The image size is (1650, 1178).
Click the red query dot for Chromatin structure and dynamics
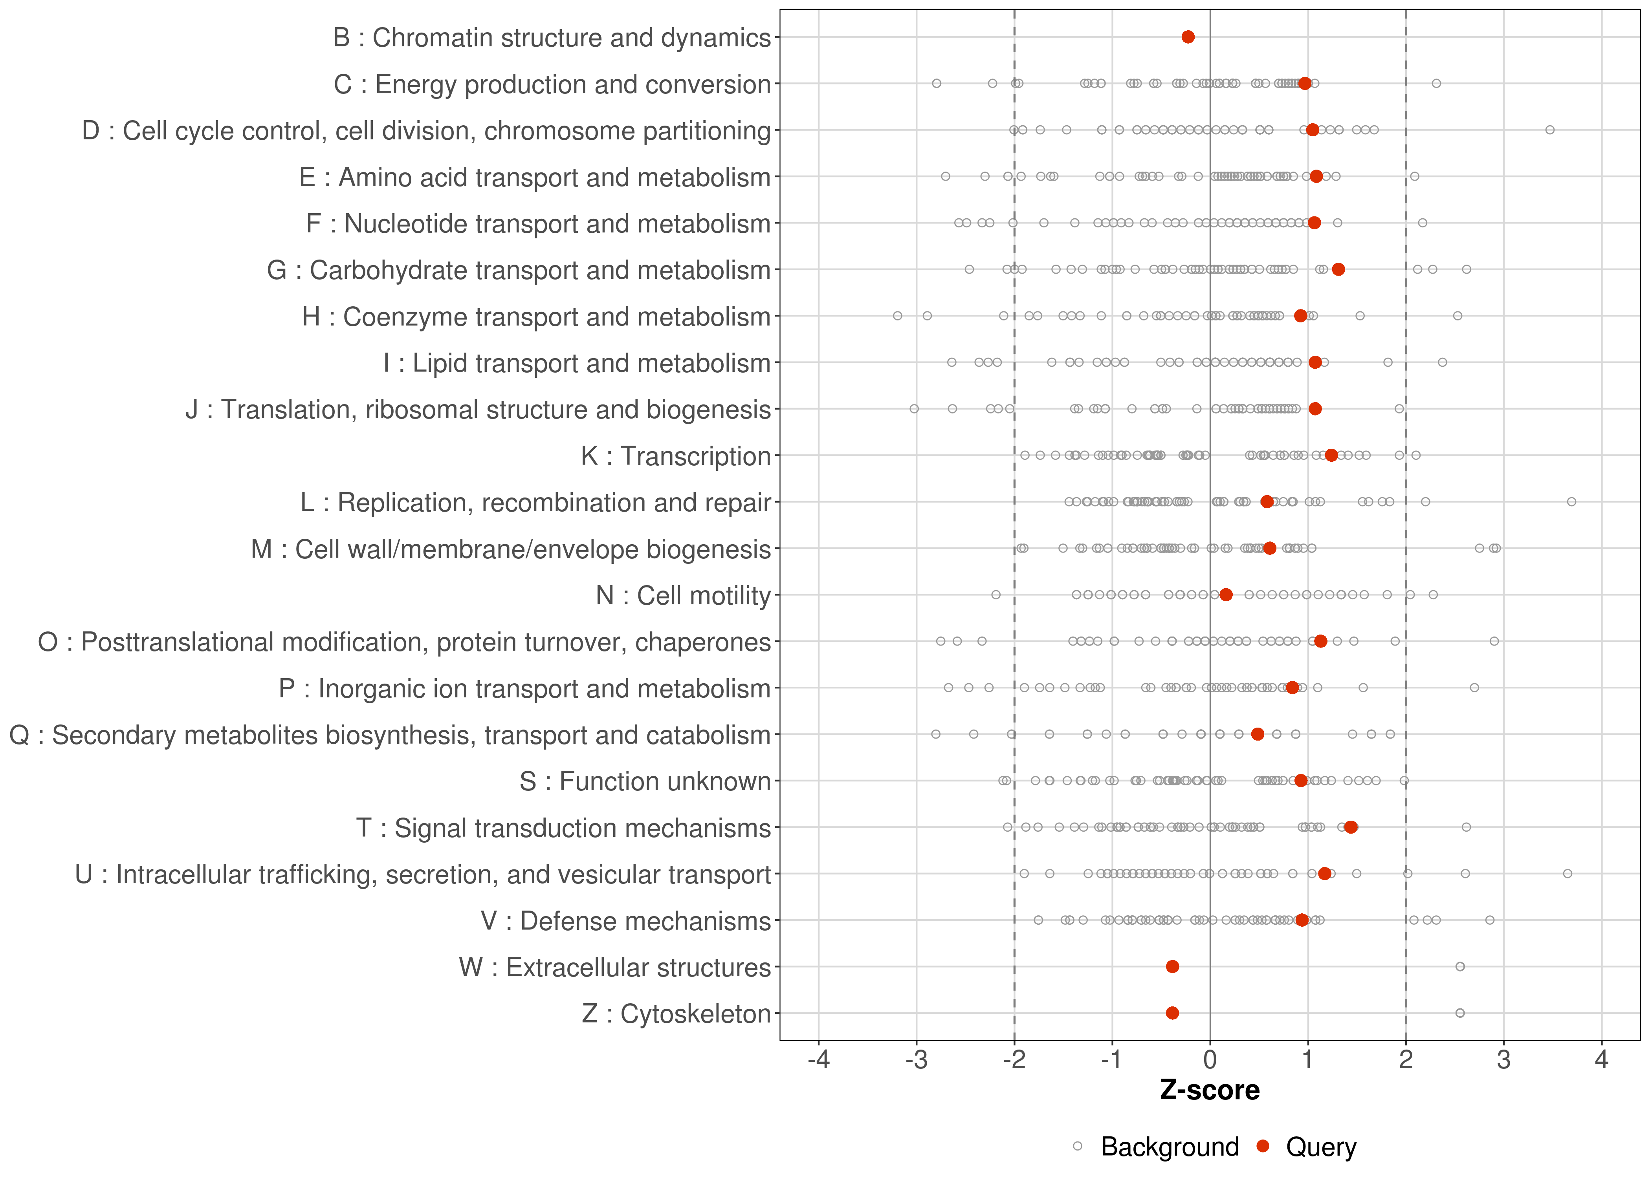1188,37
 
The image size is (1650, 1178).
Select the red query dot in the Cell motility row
1226,595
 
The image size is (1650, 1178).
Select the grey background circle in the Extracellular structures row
1460,966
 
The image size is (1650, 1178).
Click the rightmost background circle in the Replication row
1571,502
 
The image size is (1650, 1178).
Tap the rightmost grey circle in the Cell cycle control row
1549,130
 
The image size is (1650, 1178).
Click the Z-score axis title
1210,1090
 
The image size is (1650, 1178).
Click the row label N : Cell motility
683,596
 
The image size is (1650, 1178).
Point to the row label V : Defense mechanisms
625,920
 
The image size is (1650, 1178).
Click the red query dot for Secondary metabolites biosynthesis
1258,734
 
